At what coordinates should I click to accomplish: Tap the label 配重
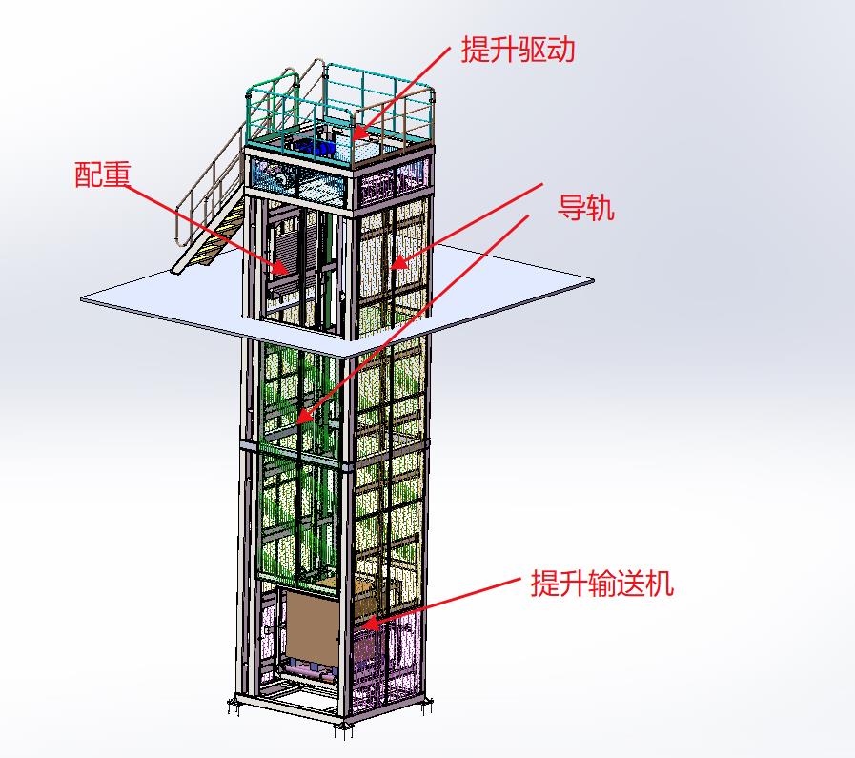(x=102, y=175)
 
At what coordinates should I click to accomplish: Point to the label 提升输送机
(x=601, y=584)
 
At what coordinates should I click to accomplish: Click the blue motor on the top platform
(x=315, y=147)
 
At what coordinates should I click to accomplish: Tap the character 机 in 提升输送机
(x=660, y=584)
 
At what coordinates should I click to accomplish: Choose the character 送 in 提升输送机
(x=630, y=584)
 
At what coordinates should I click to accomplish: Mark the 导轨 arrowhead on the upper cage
(x=393, y=265)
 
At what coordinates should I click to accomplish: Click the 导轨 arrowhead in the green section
(x=300, y=419)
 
